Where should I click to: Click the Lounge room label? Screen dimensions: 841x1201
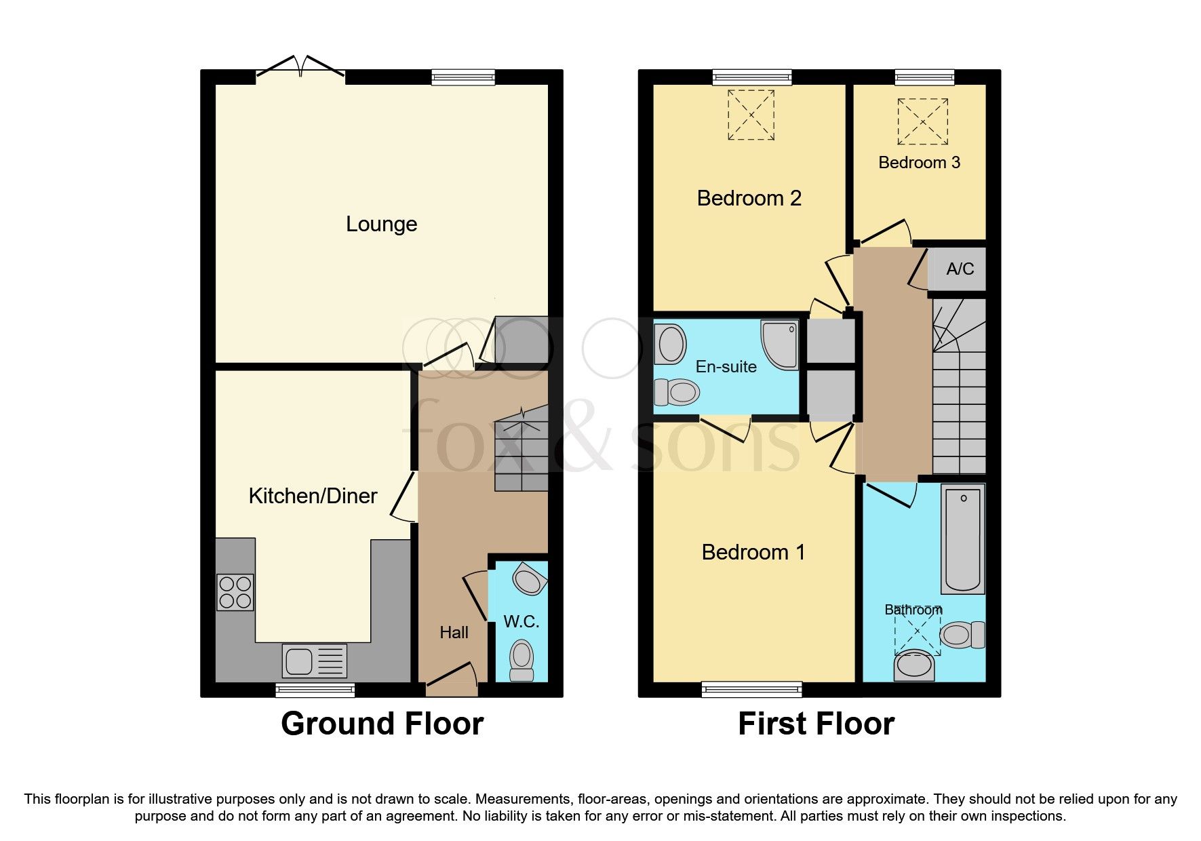[x=381, y=224]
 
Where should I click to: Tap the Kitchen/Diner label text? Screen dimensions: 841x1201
[x=313, y=496]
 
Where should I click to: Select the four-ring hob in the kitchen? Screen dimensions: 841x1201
[x=235, y=592]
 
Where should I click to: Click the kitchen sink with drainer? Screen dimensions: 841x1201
[x=315, y=661]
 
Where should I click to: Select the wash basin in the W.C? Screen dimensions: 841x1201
[x=530, y=581]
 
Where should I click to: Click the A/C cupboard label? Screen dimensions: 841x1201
[x=960, y=269]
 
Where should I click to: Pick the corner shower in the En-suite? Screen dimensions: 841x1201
[x=780, y=345]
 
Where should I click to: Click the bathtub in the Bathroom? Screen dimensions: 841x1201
[x=963, y=539]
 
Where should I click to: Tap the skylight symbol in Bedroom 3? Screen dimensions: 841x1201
[x=922, y=121]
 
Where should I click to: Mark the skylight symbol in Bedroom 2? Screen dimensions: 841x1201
[x=751, y=115]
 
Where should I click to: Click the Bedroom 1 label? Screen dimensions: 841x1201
[x=753, y=553]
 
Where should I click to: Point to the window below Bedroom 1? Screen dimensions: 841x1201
[x=751, y=690]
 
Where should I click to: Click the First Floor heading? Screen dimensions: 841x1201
[x=816, y=724]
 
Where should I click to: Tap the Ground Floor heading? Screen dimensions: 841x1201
[x=382, y=724]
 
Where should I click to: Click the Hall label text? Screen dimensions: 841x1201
[x=454, y=633]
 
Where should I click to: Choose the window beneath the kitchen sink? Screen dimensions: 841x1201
[x=315, y=690]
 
